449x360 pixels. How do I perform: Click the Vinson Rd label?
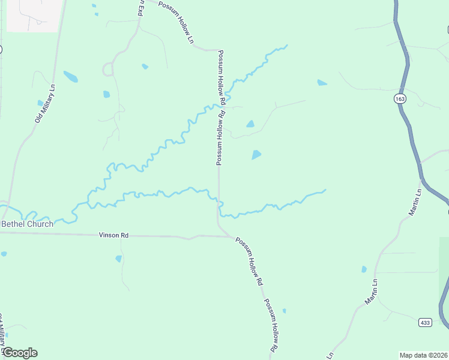(x=113, y=236)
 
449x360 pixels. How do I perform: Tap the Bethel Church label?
(x=27, y=224)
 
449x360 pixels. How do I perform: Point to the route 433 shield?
(x=425, y=323)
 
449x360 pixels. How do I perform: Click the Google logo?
(x=20, y=353)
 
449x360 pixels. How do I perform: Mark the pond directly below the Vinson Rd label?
(x=118, y=259)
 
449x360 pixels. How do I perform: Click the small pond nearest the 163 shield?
(x=322, y=83)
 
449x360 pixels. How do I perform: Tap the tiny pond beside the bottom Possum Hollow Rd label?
(x=284, y=311)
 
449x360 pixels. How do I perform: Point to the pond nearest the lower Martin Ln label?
(x=363, y=269)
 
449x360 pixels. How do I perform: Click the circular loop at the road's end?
(x=108, y=69)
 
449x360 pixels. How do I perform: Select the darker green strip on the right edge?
(x=444, y=282)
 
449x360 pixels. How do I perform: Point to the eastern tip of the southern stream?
(x=325, y=190)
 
